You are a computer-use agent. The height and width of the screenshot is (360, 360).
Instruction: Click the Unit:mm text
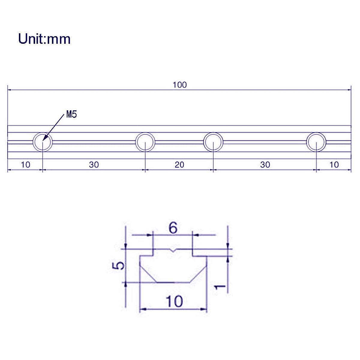click(x=44, y=39)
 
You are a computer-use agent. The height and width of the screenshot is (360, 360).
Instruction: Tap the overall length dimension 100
click(x=179, y=85)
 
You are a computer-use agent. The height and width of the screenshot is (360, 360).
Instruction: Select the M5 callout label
click(x=71, y=114)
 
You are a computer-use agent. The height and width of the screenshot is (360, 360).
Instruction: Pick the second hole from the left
click(x=145, y=142)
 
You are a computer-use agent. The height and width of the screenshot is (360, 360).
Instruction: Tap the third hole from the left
click(x=213, y=142)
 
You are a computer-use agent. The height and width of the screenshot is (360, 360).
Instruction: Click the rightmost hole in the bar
click(x=316, y=142)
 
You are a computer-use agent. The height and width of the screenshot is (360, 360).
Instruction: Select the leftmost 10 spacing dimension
click(x=25, y=165)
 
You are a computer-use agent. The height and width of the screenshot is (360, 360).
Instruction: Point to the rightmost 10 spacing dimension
click(x=334, y=165)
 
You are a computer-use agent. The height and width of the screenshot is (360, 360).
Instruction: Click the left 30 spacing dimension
click(x=94, y=165)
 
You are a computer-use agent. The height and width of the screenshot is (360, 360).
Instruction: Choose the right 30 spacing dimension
click(x=265, y=165)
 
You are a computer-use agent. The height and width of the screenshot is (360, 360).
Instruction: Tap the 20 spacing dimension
click(x=179, y=165)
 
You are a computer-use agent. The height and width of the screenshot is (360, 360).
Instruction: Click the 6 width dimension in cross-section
click(x=173, y=228)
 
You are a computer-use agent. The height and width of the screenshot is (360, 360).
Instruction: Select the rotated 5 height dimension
click(x=119, y=265)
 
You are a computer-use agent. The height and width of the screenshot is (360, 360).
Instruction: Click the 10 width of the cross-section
click(x=174, y=301)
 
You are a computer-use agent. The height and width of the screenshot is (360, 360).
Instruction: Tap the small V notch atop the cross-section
click(x=173, y=250)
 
